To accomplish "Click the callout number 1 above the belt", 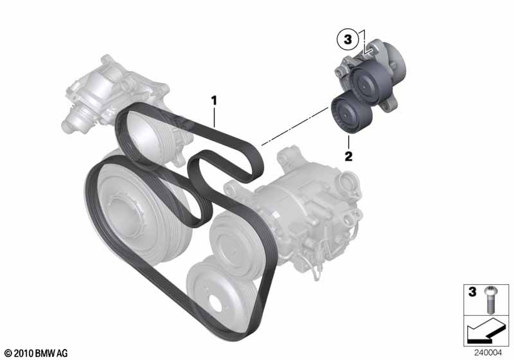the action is [214, 100].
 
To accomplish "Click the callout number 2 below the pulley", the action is [348, 156].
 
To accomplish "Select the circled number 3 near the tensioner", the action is [348, 40].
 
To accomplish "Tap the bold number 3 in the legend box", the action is [472, 291].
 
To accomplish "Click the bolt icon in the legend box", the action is [490, 300].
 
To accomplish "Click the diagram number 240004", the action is [488, 353].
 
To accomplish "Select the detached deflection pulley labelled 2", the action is [351, 113].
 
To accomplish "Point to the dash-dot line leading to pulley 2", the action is [295, 125].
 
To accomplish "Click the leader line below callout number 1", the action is [215, 117].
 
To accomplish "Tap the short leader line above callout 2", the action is [349, 142].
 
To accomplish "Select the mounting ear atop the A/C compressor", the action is [289, 158].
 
